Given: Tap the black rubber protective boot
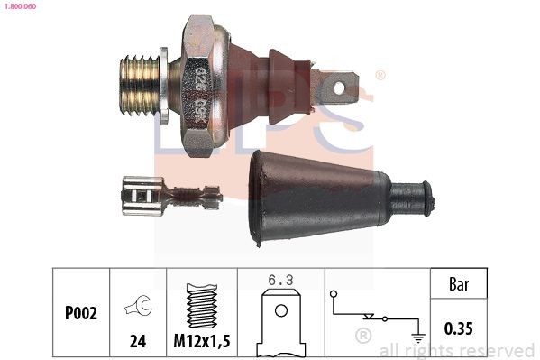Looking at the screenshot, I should (x=316, y=196).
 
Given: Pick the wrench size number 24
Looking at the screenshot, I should (x=139, y=340).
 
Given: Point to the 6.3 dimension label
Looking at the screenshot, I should (x=280, y=281).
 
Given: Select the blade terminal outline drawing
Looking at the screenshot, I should (x=281, y=321).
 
